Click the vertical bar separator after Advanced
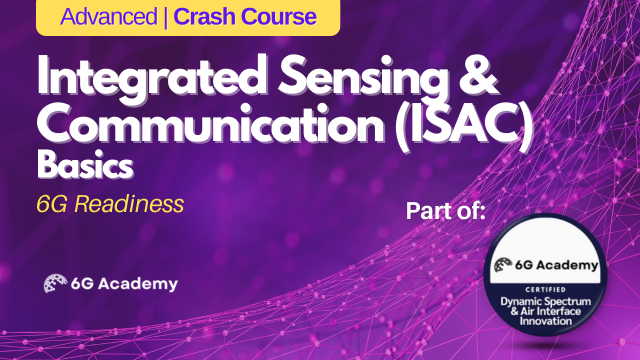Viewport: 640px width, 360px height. click(x=170, y=17)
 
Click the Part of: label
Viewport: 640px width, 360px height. click(x=456, y=212)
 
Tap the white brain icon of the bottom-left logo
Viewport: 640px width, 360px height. click(x=55, y=283)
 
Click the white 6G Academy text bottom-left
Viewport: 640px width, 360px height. click(x=125, y=284)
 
